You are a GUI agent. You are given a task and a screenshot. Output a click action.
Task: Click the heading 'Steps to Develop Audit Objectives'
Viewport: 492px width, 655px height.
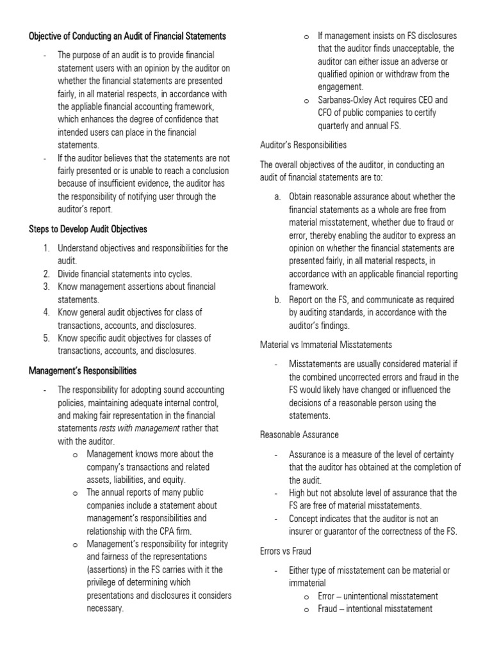point(88,229)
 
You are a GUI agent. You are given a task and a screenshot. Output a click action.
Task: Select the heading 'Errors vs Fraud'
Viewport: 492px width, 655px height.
point(285,551)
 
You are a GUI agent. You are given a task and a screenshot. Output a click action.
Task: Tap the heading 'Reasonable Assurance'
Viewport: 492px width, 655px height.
point(299,435)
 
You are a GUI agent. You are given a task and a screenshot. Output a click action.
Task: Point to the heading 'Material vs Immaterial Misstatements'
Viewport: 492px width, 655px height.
point(326,345)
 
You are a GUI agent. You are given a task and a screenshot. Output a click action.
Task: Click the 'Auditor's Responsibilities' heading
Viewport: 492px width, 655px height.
point(303,145)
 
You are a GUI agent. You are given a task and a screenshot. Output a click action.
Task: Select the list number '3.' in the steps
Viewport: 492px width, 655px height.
point(47,287)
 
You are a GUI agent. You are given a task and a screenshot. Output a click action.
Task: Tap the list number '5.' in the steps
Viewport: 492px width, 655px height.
point(47,338)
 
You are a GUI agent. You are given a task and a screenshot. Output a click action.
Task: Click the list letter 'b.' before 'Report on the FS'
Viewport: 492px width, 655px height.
point(277,300)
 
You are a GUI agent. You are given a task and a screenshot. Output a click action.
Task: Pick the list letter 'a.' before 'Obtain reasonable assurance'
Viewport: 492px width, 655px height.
point(277,196)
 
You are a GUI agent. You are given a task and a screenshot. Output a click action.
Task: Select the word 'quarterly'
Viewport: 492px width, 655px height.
point(336,126)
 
